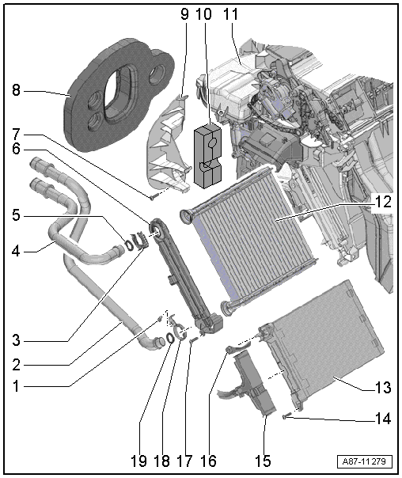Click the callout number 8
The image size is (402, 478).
click(x=17, y=90)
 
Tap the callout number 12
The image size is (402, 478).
click(x=383, y=202)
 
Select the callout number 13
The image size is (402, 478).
click(x=383, y=388)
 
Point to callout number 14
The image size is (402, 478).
click(x=383, y=419)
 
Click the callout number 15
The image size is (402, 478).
click(x=263, y=461)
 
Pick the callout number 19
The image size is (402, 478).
click(x=138, y=461)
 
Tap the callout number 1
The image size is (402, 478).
click(x=16, y=386)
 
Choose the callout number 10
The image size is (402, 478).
click(x=203, y=14)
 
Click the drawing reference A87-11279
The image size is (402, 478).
click(x=364, y=461)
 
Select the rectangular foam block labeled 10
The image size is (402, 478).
click(x=207, y=156)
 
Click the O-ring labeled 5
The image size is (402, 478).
click(x=129, y=245)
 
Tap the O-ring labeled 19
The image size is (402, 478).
click(x=170, y=338)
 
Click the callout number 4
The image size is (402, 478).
click(x=16, y=252)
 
